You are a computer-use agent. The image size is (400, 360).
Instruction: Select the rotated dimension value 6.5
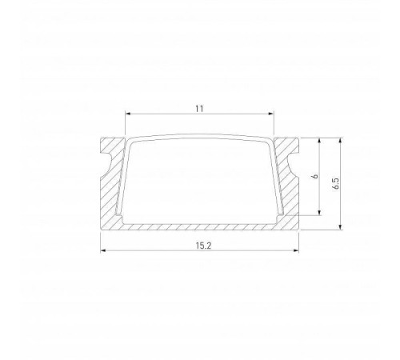337,183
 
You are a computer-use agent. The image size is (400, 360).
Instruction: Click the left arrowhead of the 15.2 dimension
102,251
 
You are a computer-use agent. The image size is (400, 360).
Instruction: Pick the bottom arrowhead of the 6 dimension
322,214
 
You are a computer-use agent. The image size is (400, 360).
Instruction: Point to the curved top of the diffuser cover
200,138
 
